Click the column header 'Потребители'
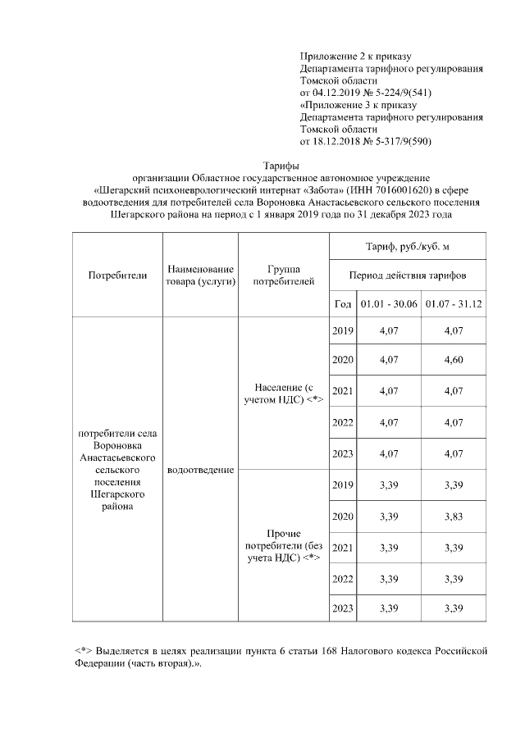(x=117, y=275)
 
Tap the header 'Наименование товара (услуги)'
(x=200, y=275)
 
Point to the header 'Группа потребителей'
(x=283, y=275)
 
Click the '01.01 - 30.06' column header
(x=388, y=303)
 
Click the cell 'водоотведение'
(x=200, y=471)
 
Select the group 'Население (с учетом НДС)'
(x=283, y=392)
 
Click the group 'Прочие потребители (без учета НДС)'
(x=283, y=546)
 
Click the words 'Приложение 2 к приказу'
(x=354, y=57)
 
